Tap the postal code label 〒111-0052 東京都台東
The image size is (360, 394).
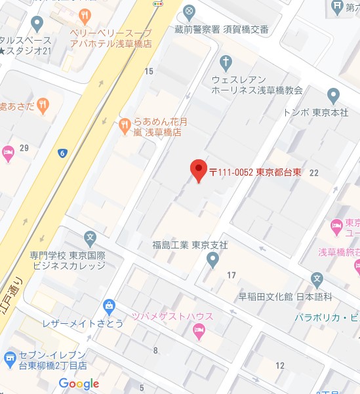pyautogui.click(x=256, y=172)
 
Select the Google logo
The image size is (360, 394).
pyautogui.click(x=79, y=384)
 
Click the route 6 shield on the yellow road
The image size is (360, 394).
pyautogui.click(x=62, y=153)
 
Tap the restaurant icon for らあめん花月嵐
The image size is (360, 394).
pyautogui.click(x=125, y=126)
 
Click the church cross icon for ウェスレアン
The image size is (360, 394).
pyautogui.click(x=226, y=64)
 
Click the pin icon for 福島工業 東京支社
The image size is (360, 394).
pyautogui.click(x=212, y=260)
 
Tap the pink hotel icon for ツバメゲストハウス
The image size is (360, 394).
pyautogui.click(x=200, y=332)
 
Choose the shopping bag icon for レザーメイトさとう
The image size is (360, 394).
pyautogui.click(x=109, y=305)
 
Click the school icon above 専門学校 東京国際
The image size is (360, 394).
pyautogui.click(x=90, y=237)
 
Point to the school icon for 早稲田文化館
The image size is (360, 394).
pyautogui.click(x=318, y=280)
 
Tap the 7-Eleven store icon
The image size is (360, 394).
pyautogui.click(x=10, y=358)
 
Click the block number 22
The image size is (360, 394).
pyautogui.click(x=313, y=172)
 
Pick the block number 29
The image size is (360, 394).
pyautogui.click(x=24, y=148)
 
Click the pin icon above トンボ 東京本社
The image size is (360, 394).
pyautogui.click(x=333, y=96)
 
